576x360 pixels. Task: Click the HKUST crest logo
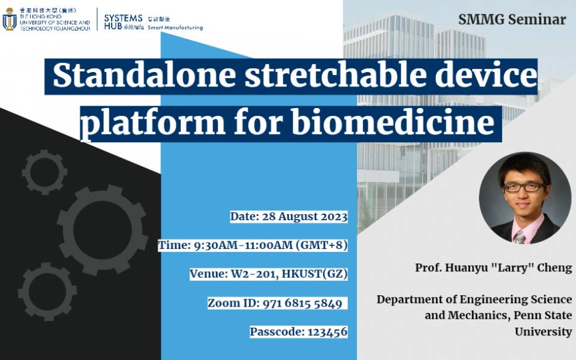pos(9,19)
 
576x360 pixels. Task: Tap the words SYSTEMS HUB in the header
pos(123,22)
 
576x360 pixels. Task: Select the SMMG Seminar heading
pos(512,19)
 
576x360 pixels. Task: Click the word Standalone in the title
pos(144,76)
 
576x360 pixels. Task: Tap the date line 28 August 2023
pos(305,217)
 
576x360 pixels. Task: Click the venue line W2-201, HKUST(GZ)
pos(289,274)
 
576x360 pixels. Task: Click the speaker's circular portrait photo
pos(525,198)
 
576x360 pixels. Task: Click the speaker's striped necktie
pos(520,237)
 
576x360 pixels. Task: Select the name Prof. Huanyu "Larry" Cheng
pos(493,268)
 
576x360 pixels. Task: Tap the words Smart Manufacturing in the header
pos(175,28)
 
